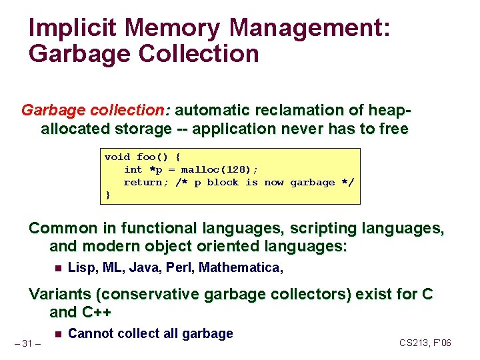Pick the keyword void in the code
tap(117, 157)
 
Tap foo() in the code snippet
tap(153, 157)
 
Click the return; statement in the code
tap(147, 182)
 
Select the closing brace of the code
tap(108, 195)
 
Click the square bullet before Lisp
tap(57, 269)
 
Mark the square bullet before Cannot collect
tap(57, 334)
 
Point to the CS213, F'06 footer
tap(425, 343)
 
